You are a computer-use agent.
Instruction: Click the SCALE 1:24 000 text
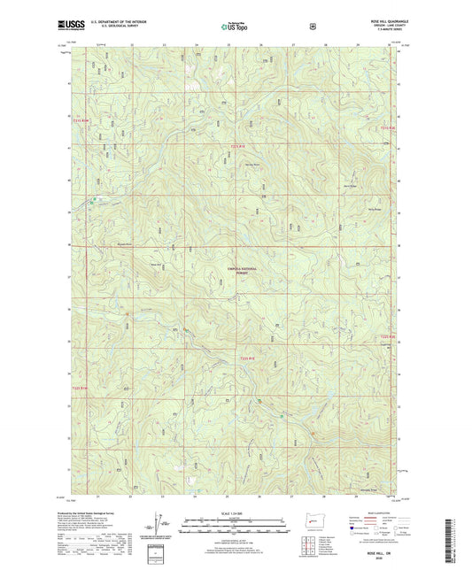(236, 512)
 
